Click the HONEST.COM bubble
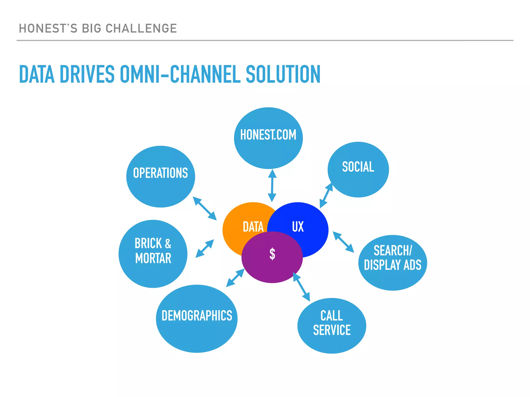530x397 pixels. [268, 138]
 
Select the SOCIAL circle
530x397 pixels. [358, 170]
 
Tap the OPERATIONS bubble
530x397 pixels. [160, 177]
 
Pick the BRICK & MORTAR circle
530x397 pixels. [153, 254]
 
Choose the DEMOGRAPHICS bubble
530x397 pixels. [197, 318]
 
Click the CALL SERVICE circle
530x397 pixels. [332, 326]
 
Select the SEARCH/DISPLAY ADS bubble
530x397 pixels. [393, 263]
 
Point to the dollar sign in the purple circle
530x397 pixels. [272, 254]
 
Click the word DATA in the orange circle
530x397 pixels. [253, 227]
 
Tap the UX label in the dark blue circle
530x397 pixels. [298, 227]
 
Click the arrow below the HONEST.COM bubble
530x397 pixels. [272, 186]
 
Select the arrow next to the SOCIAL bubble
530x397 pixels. [326, 195]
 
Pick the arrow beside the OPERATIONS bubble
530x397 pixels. [205, 208]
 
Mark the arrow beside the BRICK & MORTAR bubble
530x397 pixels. [205, 249]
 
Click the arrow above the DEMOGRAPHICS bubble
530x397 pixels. [235, 278]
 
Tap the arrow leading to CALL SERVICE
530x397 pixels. [301, 287]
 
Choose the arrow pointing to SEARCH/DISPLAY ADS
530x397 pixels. [343, 242]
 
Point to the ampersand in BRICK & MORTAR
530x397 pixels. [168, 243]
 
